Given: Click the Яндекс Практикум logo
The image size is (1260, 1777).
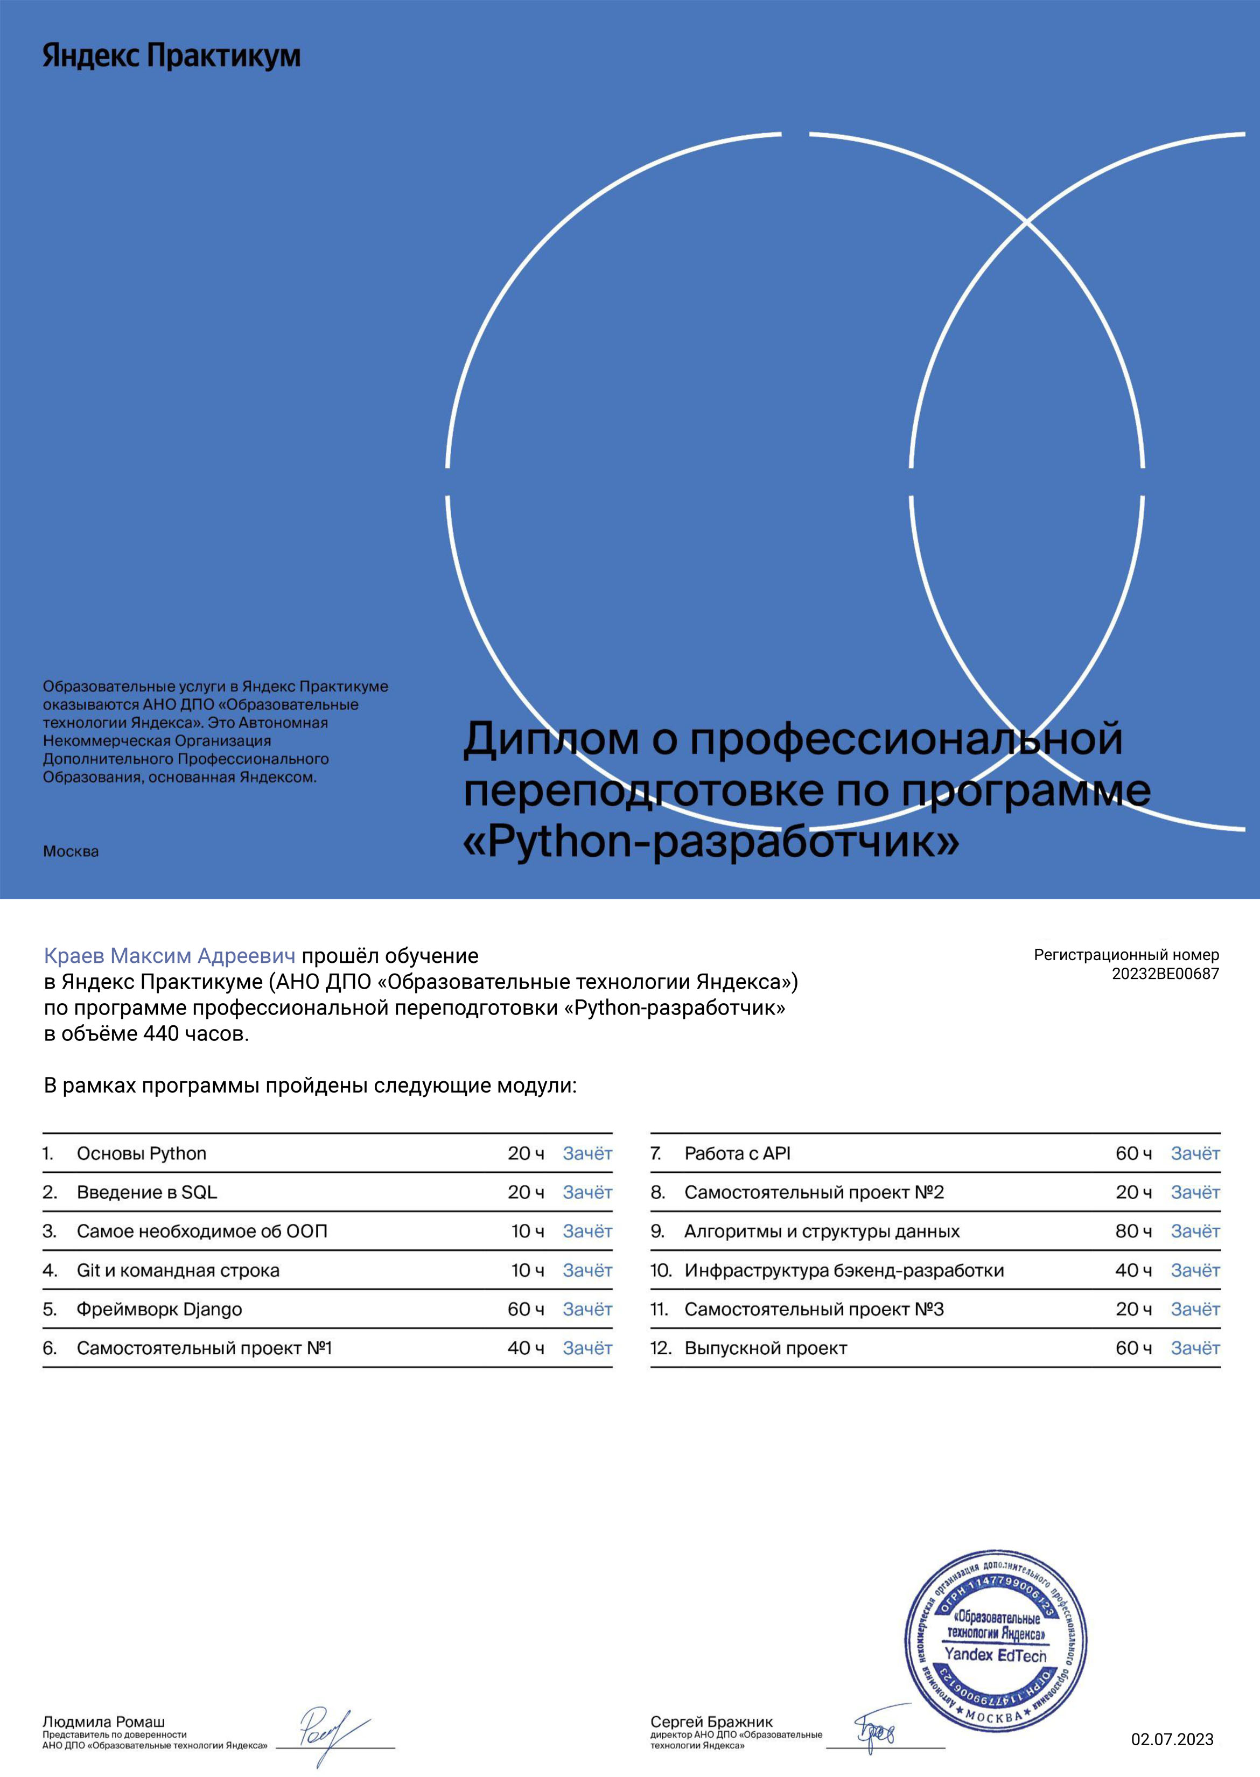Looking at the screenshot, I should pyautogui.click(x=171, y=56).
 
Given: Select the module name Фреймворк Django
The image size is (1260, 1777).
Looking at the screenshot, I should pyautogui.click(x=159, y=1309).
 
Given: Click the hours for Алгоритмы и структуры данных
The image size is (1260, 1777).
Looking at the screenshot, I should pyautogui.click(x=1133, y=1232).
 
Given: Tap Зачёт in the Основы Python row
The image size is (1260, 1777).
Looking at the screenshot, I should pyautogui.click(x=587, y=1153).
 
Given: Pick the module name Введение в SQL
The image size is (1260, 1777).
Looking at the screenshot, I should pyautogui.click(x=146, y=1192).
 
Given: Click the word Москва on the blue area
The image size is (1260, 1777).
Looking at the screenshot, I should pyautogui.click(x=71, y=851).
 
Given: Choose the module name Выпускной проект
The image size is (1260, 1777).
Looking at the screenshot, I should pyautogui.click(x=765, y=1348).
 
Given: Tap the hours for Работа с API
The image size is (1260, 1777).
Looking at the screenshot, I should pyautogui.click(x=1133, y=1153).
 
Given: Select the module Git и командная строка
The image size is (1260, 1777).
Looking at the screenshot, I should pyautogui.click(x=178, y=1270).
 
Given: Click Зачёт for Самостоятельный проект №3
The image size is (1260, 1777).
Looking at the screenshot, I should pyautogui.click(x=1195, y=1309).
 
